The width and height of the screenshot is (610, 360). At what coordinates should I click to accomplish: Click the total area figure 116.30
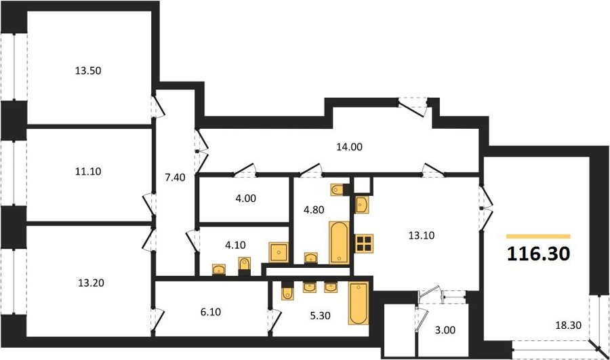tap(539, 254)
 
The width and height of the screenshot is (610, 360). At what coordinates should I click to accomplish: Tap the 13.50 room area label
tap(88, 71)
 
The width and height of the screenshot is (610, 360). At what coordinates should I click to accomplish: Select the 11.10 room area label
tap(88, 171)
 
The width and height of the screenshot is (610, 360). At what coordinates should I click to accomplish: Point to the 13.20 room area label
tap(91, 283)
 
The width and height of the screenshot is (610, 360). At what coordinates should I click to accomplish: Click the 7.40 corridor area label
tap(175, 178)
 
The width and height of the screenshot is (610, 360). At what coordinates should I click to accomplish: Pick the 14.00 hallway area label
tap(349, 146)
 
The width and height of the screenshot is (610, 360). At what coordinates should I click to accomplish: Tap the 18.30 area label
tap(569, 325)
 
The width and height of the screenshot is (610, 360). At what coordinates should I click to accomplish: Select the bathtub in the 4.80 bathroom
tap(340, 243)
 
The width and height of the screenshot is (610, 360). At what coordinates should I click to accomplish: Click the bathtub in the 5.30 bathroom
tap(359, 303)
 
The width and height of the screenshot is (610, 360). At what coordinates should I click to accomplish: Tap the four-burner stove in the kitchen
tap(364, 243)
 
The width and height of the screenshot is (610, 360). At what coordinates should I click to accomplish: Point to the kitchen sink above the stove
tap(361, 204)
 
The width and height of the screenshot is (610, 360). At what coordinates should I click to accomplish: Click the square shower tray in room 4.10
tap(279, 252)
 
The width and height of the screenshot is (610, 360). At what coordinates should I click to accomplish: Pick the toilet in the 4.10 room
tap(244, 266)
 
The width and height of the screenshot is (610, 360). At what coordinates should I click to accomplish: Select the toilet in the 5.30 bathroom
tap(287, 292)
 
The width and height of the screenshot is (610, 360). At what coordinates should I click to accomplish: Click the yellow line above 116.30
tap(538, 236)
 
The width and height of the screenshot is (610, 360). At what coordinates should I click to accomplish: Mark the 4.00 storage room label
tap(246, 199)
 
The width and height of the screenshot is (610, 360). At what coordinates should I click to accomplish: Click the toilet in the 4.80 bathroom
tap(338, 190)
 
